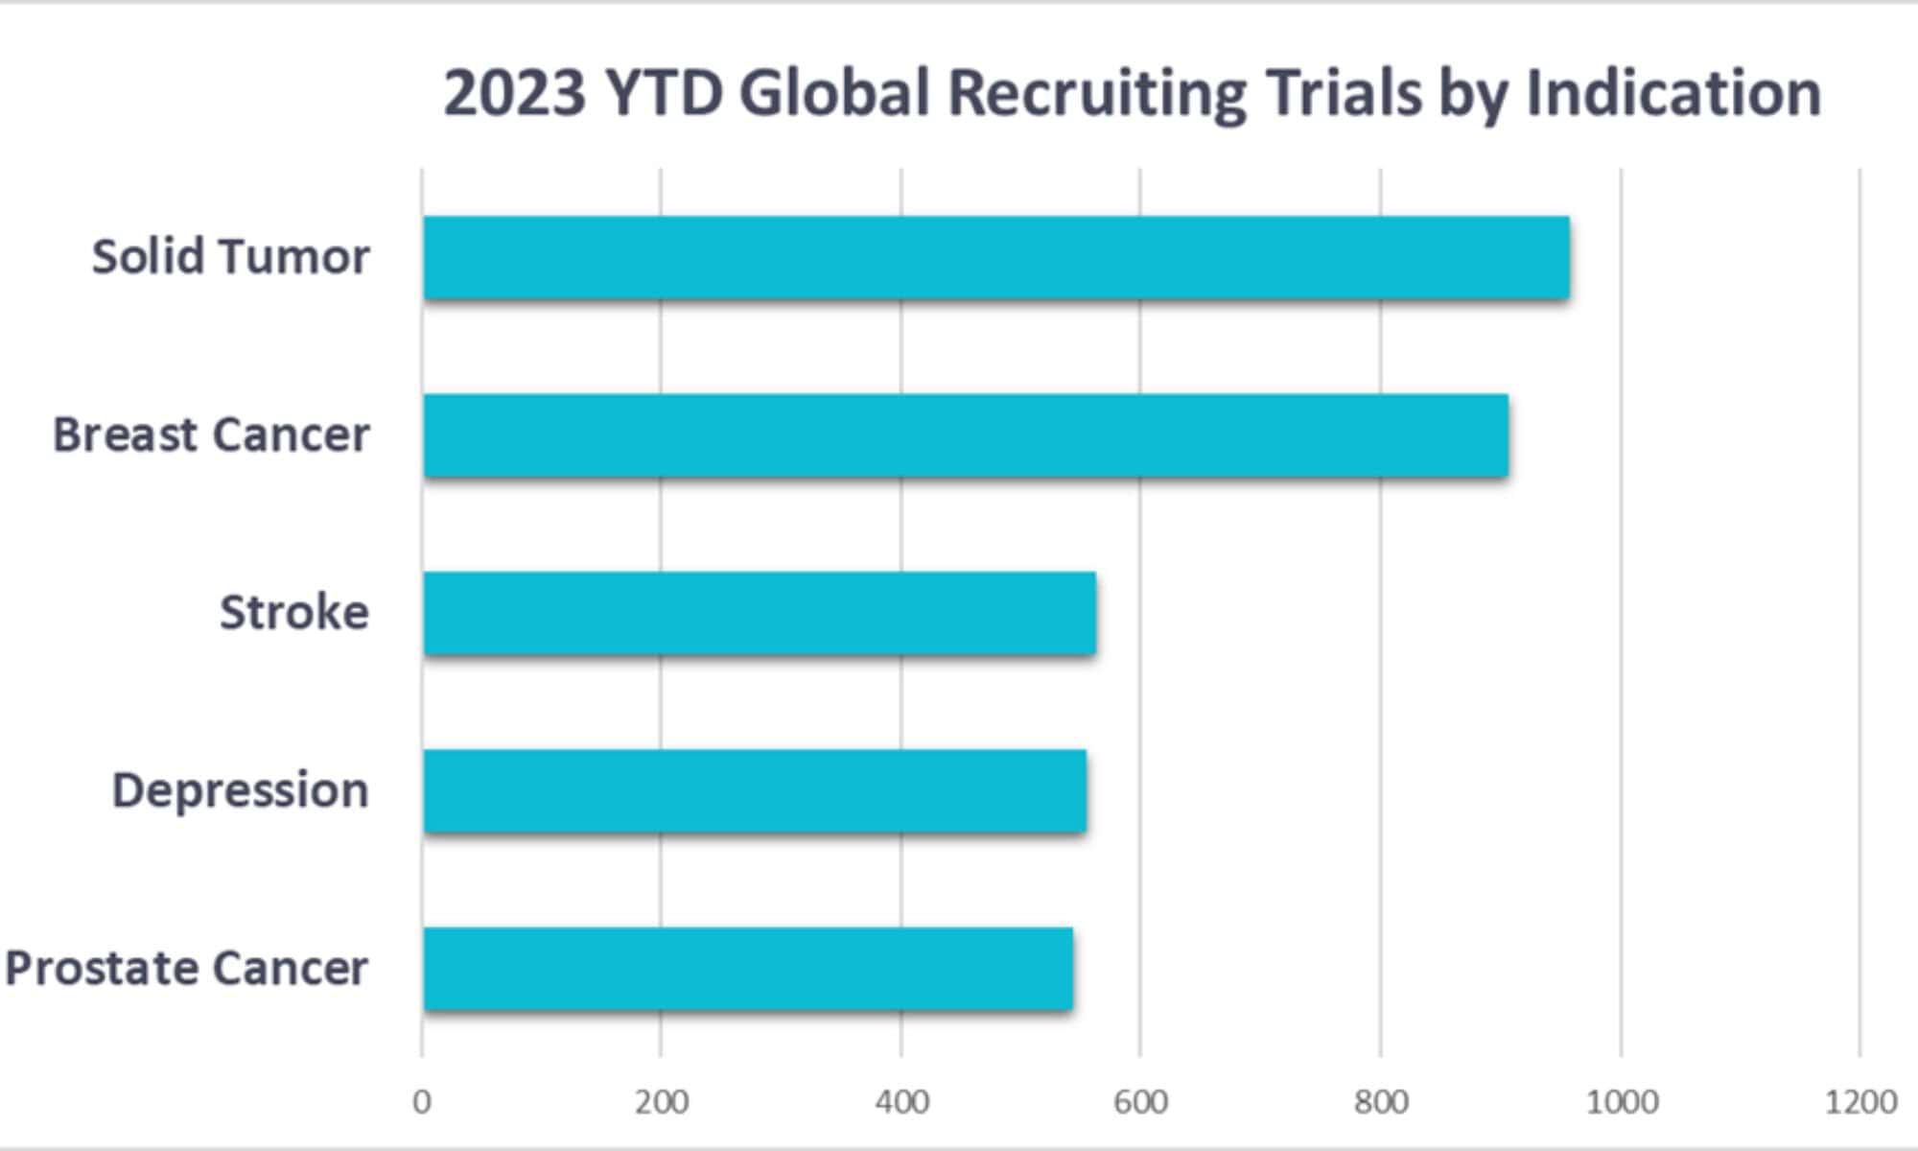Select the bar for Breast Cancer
[965, 435]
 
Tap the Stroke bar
[759, 614]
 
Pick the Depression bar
[754, 791]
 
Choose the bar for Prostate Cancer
[747, 969]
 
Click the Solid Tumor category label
[230, 257]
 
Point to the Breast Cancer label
[211, 435]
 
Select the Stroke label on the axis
[293, 613]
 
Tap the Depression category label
[240, 791]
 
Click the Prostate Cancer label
[187, 969]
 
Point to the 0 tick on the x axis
[422, 1102]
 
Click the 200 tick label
[661, 1102]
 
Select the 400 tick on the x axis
[901, 1102]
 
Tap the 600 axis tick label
[1140, 1102]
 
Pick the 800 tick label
[1381, 1102]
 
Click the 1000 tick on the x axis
[1622, 1102]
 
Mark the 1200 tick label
[1860, 1102]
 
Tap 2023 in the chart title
[514, 94]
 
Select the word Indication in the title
[1672, 94]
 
